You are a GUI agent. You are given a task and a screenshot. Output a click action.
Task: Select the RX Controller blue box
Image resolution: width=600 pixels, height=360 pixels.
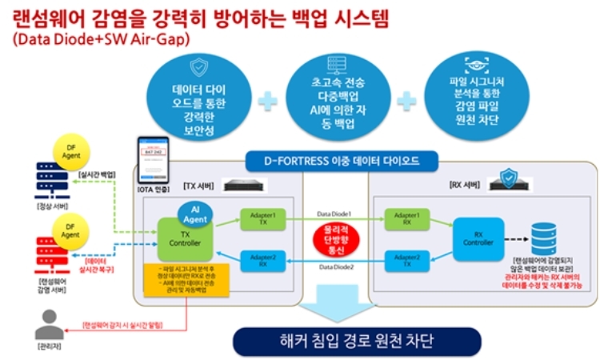tap(478, 238)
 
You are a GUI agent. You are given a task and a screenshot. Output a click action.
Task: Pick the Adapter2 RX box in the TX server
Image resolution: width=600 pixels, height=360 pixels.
tap(262, 260)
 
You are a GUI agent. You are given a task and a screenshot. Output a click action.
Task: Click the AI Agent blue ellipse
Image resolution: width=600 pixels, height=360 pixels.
tap(194, 212)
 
